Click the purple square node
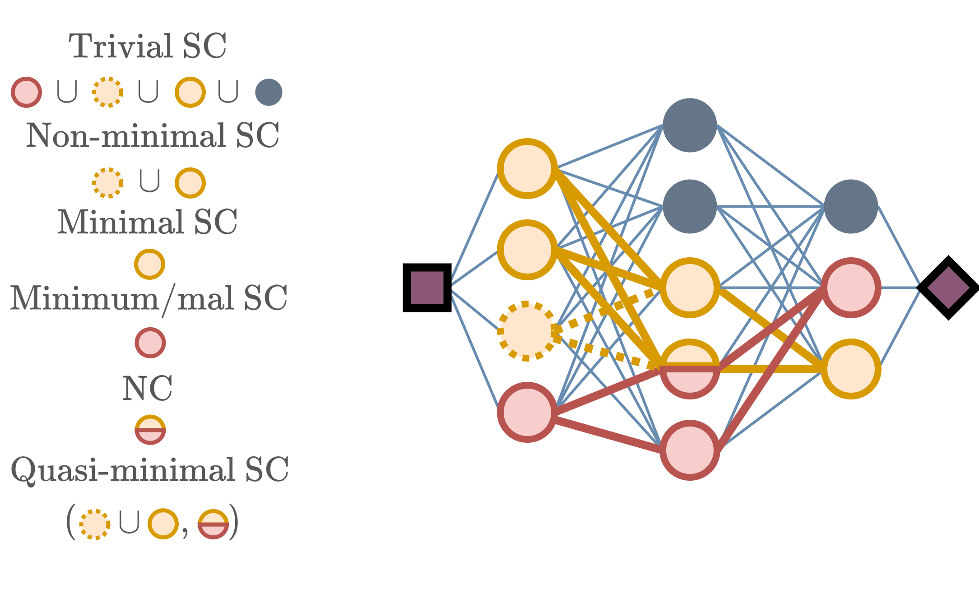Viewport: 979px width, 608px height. [x=427, y=288]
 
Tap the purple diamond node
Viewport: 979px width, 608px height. [x=948, y=288]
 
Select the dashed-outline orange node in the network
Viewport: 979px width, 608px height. [x=526, y=331]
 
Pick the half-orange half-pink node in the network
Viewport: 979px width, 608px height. [x=689, y=369]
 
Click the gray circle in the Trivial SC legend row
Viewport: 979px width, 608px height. [x=269, y=92]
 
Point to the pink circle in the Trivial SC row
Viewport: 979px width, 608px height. [x=27, y=92]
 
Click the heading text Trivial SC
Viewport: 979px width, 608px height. [x=148, y=46]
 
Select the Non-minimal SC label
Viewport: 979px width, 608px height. [x=153, y=135]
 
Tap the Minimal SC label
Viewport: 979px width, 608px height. [x=147, y=222]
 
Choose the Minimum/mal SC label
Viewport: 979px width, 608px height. [x=148, y=298]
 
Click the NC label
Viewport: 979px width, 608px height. [x=147, y=388]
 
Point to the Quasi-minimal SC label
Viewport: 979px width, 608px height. [x=149, y=469]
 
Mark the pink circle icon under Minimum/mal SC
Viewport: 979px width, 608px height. [x=150, y=343]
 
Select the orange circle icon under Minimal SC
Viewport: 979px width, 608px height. [x=149, y=264]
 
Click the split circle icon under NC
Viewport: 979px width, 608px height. [x=150, y=429]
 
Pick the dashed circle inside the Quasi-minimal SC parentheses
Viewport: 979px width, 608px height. [x=95, y=524]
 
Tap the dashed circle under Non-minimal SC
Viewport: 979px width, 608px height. [x=107, y=183]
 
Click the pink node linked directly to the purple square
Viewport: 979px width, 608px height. [x=526, y=412]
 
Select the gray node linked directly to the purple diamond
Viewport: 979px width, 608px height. [x=851, y=206]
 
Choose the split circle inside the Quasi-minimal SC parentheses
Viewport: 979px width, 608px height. [x=213, y=524]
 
